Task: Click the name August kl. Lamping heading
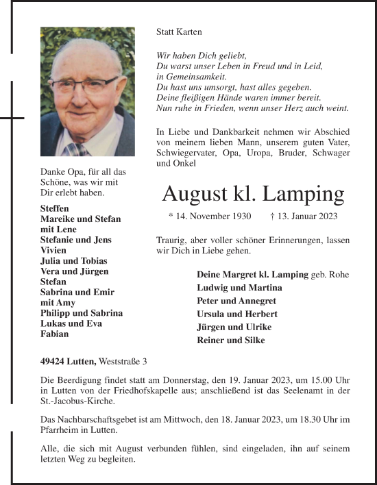point(253,195)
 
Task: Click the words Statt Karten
point(180,32)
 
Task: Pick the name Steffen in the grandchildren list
point(55,208)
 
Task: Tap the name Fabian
point(54,334)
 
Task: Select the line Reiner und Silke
point(232,340)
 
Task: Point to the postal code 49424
point(53,361)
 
